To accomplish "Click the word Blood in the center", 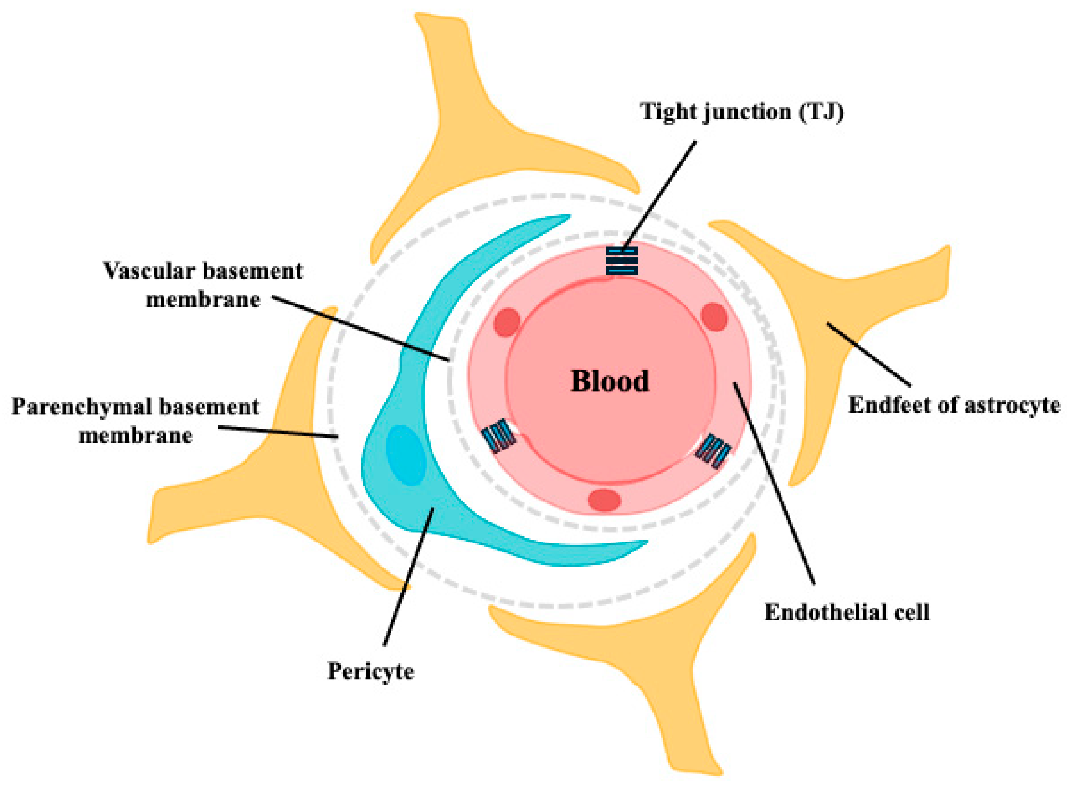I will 610,381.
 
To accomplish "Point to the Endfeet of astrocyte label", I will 954,406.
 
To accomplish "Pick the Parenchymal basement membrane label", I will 135,421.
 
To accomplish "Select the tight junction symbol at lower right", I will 713,450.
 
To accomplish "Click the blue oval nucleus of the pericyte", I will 405,455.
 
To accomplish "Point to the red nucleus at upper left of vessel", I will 506,322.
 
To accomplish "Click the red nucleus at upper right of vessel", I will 714,317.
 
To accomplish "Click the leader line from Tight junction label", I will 661,190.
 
